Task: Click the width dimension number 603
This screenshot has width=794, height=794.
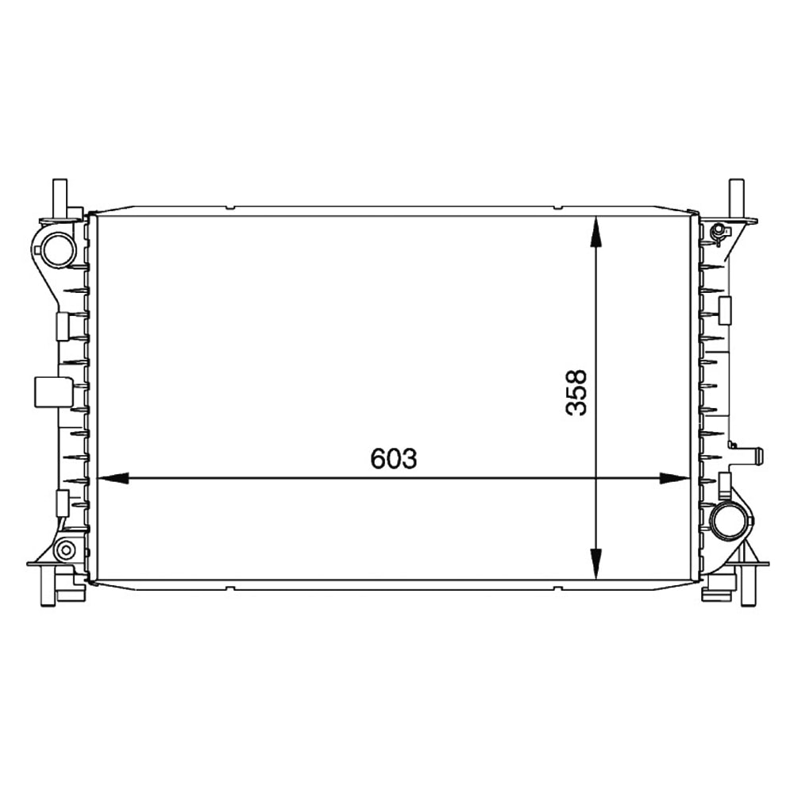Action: (x=393, y=459)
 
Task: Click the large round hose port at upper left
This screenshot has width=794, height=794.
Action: (x=58, y=249)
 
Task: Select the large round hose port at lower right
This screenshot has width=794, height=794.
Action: (x=726, y=521)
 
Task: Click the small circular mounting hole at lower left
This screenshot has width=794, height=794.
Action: (x=66, y=549)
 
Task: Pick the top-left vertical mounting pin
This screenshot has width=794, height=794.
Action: (x=60, y=195)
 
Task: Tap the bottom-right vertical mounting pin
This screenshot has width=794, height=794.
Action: (x=747, y=588)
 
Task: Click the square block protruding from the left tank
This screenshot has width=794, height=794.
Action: (x=48, y=391)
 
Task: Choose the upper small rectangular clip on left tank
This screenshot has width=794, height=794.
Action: (x=62, y=326)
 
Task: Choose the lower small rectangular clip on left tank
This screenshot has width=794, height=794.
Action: (x=62, y=502)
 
